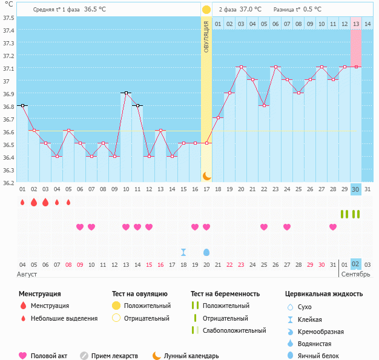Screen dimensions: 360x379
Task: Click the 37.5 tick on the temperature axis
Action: (x=8, y=17)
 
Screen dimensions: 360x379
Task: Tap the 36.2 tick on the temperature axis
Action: (x=8, y=183)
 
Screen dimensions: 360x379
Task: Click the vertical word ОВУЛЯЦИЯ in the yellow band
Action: (x=206, y=37)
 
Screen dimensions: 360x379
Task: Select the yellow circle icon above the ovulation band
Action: (x=206, y=10)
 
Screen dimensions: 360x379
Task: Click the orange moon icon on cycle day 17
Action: (x=206, y=175)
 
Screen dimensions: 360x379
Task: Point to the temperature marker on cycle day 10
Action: (x=126, y=93)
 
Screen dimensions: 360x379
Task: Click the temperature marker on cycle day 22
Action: (x=264, y=105)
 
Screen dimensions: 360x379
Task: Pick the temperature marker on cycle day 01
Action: (x=22, y=105)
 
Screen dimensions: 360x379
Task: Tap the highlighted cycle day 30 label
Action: (x=356, y=189)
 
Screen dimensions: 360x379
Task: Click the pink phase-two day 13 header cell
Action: (x=356, y=24)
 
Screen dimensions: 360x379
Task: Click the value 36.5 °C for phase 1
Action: (x=94, y=10)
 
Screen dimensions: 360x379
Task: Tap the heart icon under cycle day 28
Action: (x=333, y=227)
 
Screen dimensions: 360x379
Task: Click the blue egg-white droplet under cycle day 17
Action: (x=206, y=252)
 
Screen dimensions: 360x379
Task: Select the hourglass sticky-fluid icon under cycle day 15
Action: (x=183, y=252)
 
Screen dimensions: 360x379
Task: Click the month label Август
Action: (x=27, y=274)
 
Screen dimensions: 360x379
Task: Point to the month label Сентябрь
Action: (x=356, y=274)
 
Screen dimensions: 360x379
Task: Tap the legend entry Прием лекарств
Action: (x=114, y=356)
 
